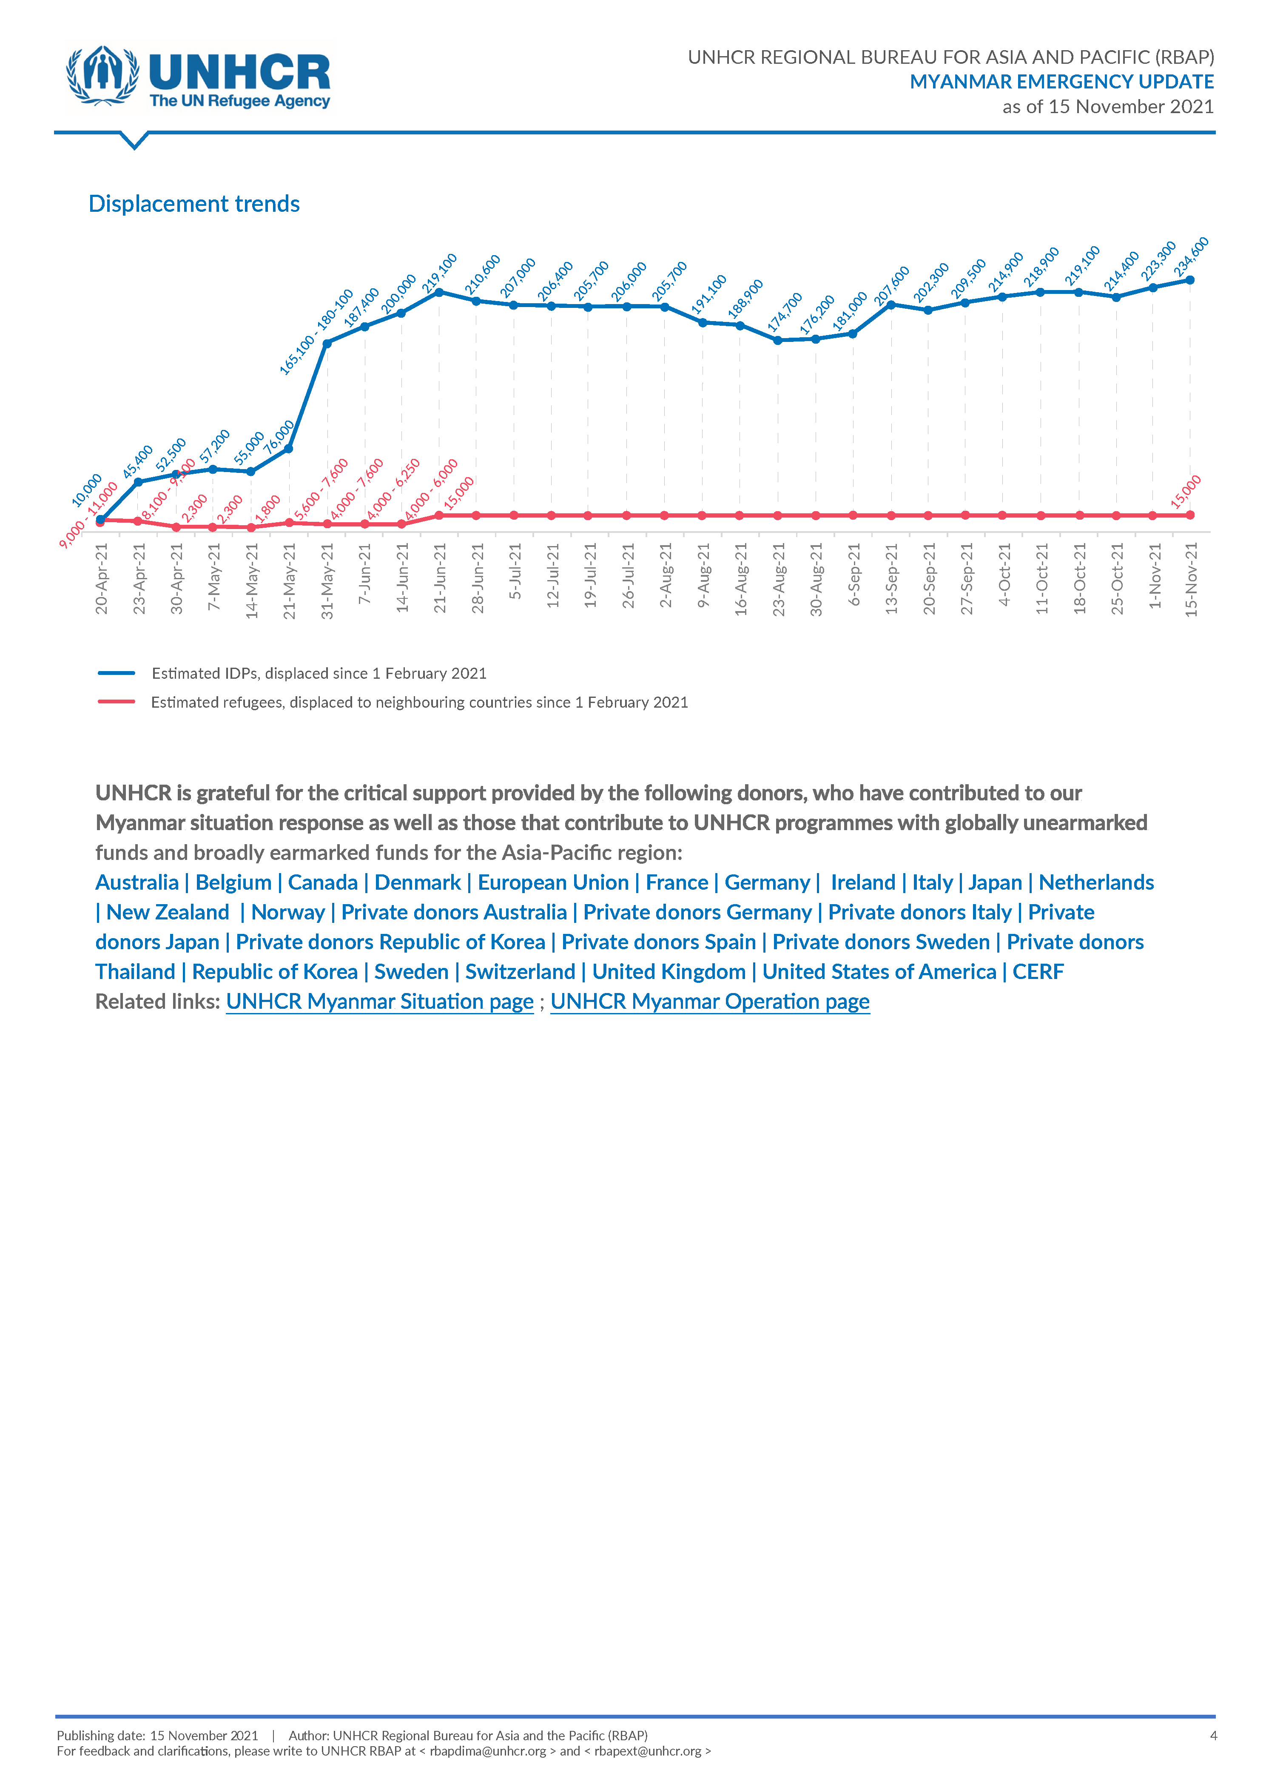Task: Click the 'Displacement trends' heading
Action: point(194,203)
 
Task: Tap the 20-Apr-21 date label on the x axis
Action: point(101,578)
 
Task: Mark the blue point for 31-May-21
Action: point(327,343)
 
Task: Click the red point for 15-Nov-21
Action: point(1190,515)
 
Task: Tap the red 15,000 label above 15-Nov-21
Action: point(1186,492)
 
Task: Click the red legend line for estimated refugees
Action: point(116,702)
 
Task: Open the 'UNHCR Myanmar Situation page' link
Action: point(380,1002)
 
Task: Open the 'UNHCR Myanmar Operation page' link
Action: point(710,1002)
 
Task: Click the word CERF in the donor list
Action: point(1038,972)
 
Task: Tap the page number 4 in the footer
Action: point(1213,1736)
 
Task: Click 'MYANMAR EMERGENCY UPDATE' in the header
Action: point(1062,82)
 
